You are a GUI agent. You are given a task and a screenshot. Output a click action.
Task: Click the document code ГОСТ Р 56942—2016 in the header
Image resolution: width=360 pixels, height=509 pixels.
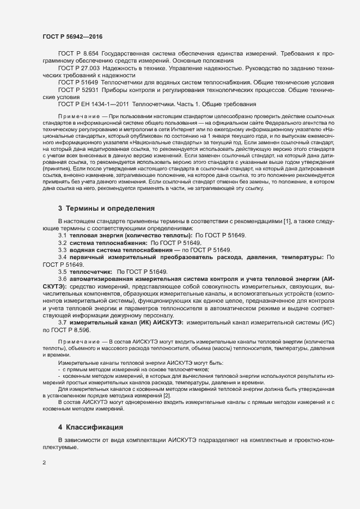[72, 36]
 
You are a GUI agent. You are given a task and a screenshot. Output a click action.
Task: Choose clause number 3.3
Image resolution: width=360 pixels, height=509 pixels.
[63, 249]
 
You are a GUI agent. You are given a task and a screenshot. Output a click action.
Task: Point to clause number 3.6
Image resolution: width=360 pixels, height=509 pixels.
[63, 278]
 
